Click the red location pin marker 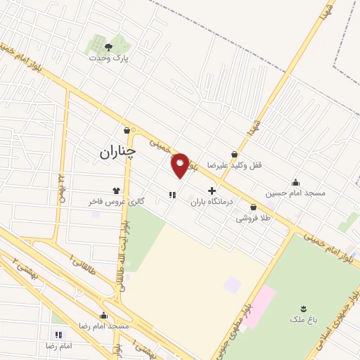pyautogui.click(x=181, y=165)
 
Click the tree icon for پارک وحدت pyautogui.click(x=108, y=47)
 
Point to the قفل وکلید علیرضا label pyautogui.click(x=234, y=165)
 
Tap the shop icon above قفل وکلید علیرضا pyautogui.click(x=234, y=155)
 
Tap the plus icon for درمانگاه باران pyautogui.click(x=212, y=191)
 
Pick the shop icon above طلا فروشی pyautogui.click(x=253, y=207)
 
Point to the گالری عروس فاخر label pyautogui.click(x=117, y=201)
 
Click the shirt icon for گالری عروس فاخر pyautogui.click(x=117, y=191)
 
